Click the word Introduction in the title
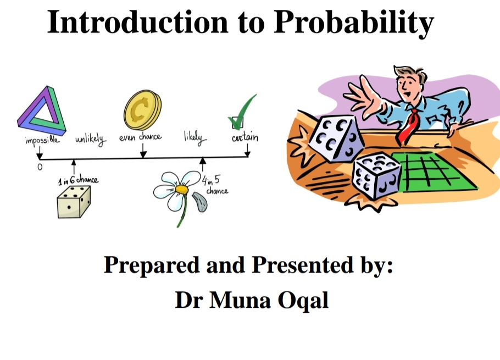coord(138,21)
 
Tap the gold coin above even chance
coord(142,110)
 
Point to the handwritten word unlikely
coord(91,140)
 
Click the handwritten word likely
coord(195,137)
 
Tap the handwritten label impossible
coord(42,140)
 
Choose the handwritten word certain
coord(245,137)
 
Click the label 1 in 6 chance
coord(79,180)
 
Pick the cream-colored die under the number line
coord(74,202)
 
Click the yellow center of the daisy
coord(182,190)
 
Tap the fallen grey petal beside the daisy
coord(199,202)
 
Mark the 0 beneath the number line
coord(40,167)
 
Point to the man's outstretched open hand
coord(363,94)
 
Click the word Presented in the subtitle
coord(303,265)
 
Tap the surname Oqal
coord(303,301)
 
